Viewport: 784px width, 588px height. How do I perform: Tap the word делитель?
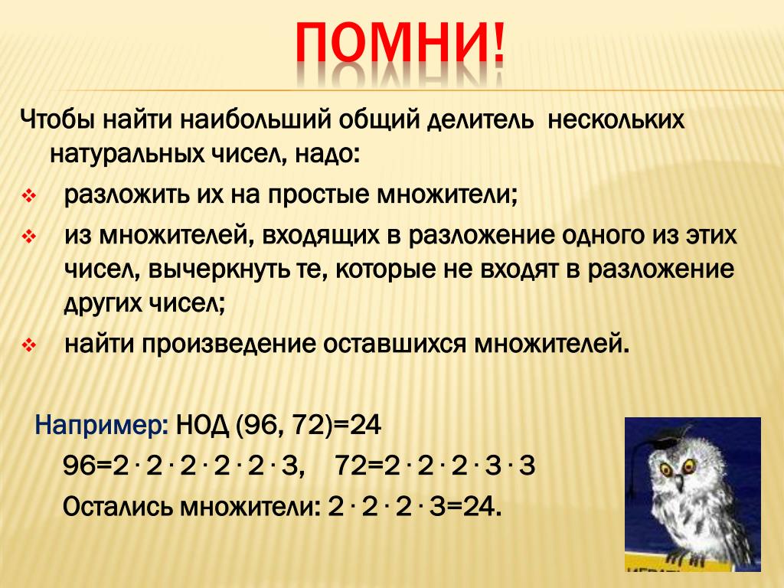pyautogui.click(x=480, y=120)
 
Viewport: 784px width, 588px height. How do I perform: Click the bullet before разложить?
pyautogui.click(x=28, y=195)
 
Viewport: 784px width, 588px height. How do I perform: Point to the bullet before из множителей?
pyautogui.click(x=28, y=237)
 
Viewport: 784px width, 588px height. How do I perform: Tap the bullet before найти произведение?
pyautogui.click(x=28, y=345)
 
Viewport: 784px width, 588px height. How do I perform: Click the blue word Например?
pyautogui.click(x=102, y=426)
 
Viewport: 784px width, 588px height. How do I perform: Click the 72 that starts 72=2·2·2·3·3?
pyautogui.click(x=350, y=466)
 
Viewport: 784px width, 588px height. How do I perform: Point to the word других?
pyautogui.click(x=103, y=304)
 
